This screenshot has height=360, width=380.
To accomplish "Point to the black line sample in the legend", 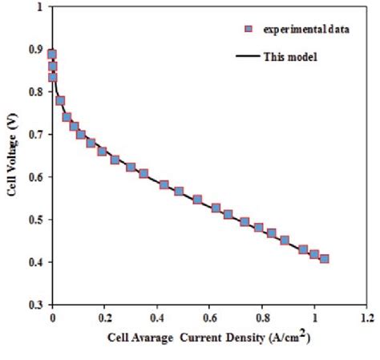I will point(250,55).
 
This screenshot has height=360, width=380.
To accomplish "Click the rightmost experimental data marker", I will point(324,259).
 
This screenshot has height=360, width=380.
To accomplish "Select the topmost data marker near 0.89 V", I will point(52,55).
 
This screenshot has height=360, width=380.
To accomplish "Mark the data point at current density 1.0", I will point(314,255).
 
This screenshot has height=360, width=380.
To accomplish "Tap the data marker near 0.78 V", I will point(60,101).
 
